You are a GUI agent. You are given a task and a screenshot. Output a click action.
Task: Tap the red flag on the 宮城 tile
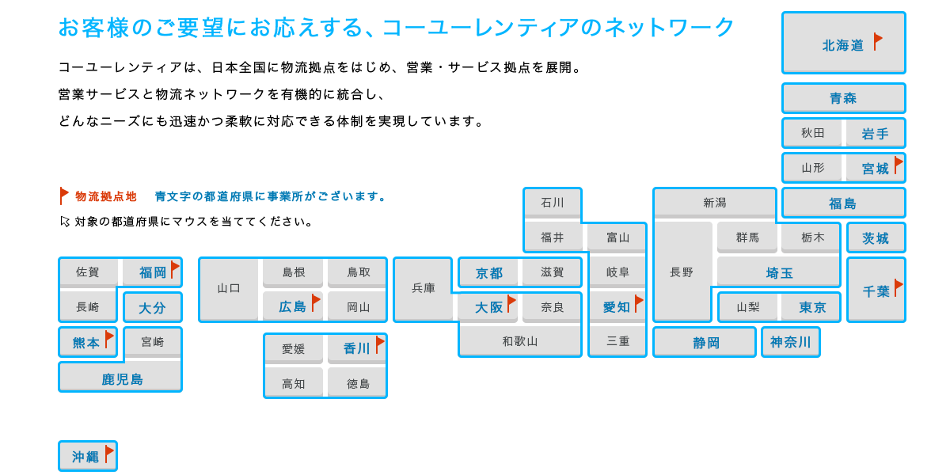tap(898, 165)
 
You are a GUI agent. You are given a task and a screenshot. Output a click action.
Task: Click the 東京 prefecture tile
tap(810, 307)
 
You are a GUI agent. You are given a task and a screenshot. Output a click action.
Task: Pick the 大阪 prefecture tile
tap(487, 307)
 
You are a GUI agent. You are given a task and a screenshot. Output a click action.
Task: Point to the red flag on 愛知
tap(638, 302)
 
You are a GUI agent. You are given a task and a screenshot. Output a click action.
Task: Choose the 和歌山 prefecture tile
tap(519, 341)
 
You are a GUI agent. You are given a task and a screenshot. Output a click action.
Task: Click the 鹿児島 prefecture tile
tap(120, 378)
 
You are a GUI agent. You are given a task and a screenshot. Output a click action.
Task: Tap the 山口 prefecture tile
tap(229, 289)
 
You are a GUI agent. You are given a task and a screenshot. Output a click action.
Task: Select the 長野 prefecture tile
tap(682, 272)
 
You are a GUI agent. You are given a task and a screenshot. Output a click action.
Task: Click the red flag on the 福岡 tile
tap(174, 269)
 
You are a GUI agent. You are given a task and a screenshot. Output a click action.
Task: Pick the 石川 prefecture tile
tap(552, 203)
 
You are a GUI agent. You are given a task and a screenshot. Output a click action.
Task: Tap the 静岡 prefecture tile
tap(705, 342)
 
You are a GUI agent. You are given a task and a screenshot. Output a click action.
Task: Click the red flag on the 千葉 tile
tap(898, 287)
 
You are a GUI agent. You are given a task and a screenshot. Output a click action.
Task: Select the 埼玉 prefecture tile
tap(778, 272)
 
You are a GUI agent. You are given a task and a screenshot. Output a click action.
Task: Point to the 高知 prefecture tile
tap(294, 382)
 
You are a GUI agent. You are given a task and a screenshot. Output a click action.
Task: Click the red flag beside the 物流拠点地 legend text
tap(64, 195)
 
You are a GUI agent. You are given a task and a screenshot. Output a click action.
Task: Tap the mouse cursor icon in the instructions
tap(65, 222)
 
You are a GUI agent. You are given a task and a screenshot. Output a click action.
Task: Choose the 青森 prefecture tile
tap(843, 98)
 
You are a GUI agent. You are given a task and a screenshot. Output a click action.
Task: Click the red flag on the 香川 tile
tap(379, 344)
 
